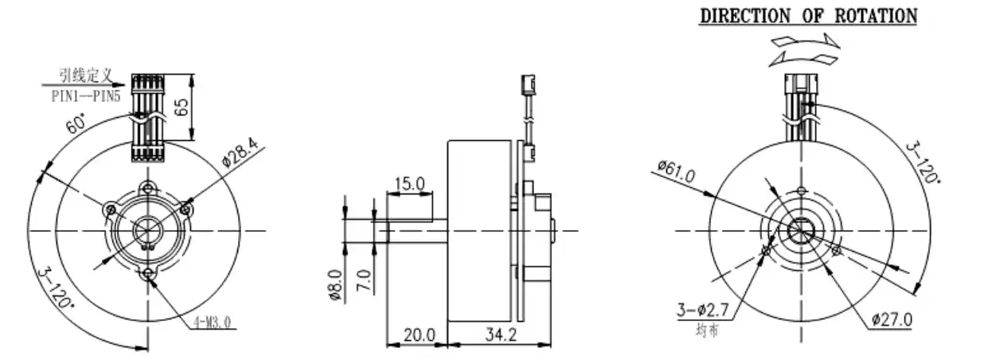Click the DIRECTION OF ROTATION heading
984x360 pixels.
click(808, 15)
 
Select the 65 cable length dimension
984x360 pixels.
click(182, 108)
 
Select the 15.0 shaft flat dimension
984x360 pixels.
click(410, 184)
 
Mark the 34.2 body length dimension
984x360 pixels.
click(499, 335)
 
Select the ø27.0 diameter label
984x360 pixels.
click(892, 319)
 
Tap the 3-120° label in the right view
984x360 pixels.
click(924, 164)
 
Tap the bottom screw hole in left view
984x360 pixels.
click(148, 275)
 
